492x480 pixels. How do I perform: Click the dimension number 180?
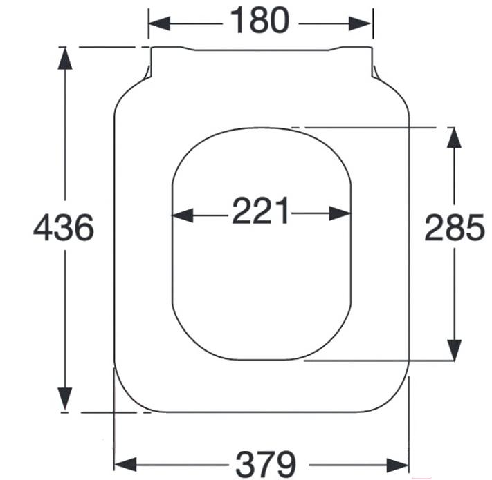259,21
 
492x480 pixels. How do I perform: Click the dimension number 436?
64,227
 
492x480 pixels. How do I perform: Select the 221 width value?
260,211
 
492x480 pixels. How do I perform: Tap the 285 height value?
455,227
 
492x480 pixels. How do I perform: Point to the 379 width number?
266,464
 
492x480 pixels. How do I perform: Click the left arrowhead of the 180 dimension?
159,23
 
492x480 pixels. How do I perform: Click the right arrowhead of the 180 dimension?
361,23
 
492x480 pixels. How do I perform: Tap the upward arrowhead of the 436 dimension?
65,59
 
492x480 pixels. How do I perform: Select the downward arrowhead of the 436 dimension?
65,399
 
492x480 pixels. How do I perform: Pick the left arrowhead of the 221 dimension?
183,215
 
